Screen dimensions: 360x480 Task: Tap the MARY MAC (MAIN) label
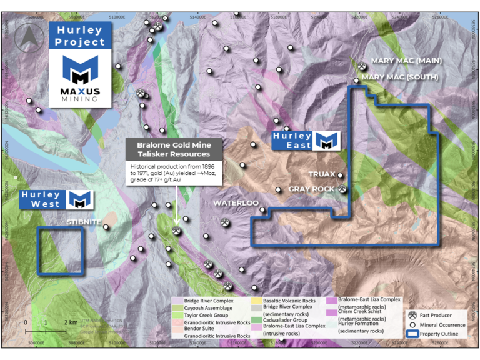[406, 61]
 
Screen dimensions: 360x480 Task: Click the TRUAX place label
[322, 174]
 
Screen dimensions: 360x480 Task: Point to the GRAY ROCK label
[312, 188]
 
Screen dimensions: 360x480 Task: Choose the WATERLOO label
[236, 203]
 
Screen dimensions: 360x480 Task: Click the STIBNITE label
[83, 221]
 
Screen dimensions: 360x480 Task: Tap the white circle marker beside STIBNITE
[106, 227]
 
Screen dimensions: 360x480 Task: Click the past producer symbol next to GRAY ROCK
[342, 188]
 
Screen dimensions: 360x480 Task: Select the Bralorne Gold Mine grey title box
[173, 149]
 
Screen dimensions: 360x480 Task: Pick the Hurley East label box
[305, 141]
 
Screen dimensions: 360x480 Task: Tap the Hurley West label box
[57, 199]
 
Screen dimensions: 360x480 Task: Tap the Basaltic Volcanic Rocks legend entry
[284, 301]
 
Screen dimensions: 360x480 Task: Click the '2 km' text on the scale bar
[70, 322]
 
